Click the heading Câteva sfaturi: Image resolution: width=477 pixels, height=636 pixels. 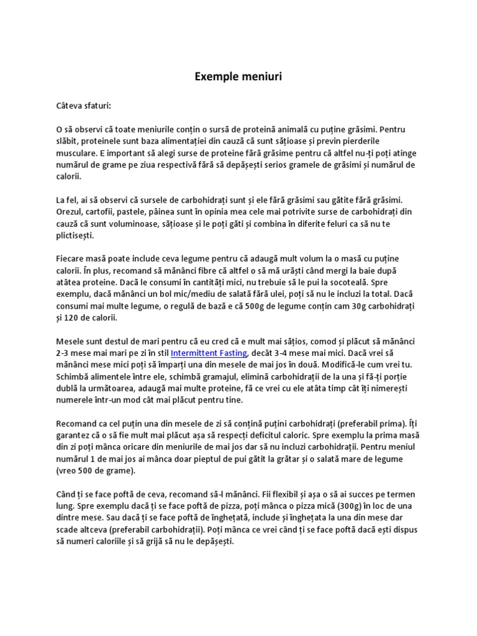pyautogui.click(x=83, y=106)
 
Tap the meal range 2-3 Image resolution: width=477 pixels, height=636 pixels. pyautogui.click(x=63, y=353)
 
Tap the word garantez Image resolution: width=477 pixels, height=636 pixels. pyautogui.click(x=75, y=435)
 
